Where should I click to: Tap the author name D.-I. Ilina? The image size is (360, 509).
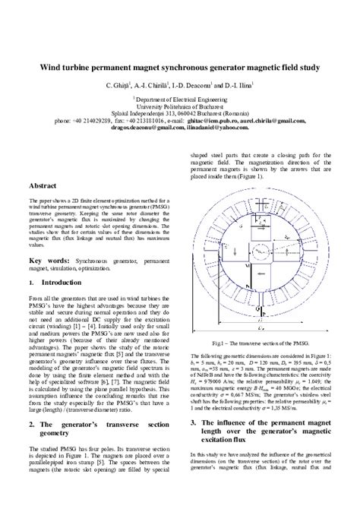click(x=245, y=84)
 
